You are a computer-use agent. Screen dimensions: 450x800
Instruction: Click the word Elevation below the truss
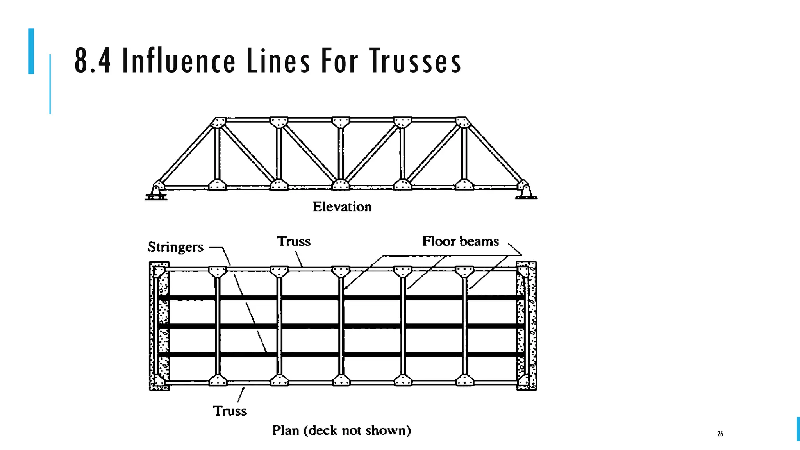click(342, 207)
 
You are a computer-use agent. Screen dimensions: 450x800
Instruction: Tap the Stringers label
click(175, 247)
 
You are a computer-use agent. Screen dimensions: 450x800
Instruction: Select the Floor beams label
click(460, 241)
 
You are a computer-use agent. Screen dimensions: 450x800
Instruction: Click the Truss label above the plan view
click(294, 241)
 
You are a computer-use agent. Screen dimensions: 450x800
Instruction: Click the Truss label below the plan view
click(230, 411)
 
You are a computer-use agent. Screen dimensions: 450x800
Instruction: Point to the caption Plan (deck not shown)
click(341, 430)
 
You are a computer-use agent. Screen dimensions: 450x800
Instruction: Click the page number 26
click(720, 434)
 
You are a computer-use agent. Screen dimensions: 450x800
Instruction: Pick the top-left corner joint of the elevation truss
click(218, 122)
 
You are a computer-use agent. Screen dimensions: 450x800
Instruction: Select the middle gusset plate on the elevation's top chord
click(341, 122)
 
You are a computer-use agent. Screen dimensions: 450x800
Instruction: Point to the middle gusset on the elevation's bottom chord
click(341, 185)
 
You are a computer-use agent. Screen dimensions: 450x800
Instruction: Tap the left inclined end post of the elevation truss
click(186, 154)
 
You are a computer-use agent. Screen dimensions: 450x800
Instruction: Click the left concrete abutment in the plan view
click(159, 326)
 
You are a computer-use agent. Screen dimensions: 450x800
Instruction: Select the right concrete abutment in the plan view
click(527, 326)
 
